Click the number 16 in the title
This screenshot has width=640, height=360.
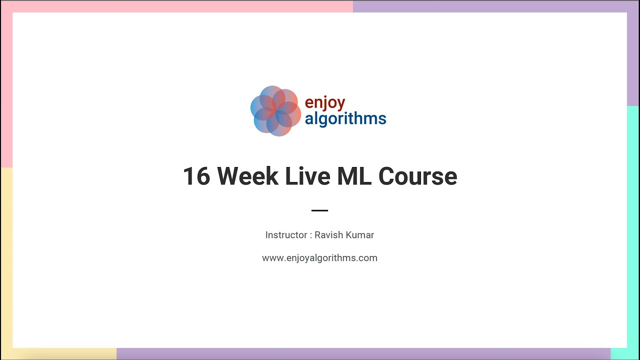[196, 176]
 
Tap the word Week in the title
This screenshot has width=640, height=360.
[247, 176]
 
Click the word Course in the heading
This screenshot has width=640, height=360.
[417, 176]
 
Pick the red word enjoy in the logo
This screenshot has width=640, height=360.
[325, 103]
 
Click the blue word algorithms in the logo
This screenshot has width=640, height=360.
[345, 119]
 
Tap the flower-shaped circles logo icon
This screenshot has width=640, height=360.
[275, 110]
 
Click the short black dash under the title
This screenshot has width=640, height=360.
[319, 210]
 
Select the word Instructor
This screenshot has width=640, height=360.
[286, 235]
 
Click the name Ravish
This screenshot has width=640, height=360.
[328, 235]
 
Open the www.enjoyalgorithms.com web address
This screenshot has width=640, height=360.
[319, 258]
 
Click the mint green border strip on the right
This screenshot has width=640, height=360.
[633, 225]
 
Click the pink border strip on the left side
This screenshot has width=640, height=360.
[6, 85]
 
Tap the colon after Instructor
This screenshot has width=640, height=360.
[310, 235]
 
